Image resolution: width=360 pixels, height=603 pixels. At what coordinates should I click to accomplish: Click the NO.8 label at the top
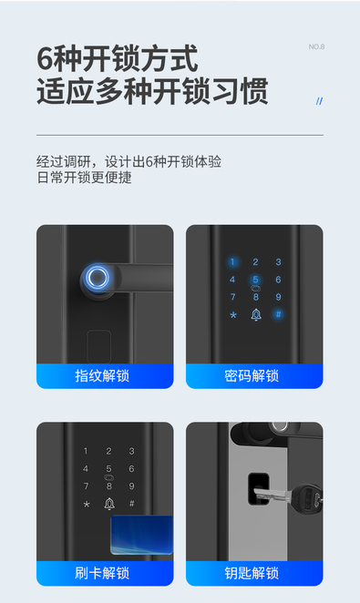pyautogui.click(x=316, y=46)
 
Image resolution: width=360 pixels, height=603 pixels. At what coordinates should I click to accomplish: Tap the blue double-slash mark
pyautogui.click(x=319, y=101)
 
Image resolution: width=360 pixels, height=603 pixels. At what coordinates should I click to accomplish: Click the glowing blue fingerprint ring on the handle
pyautogui.click(x=97, y=277)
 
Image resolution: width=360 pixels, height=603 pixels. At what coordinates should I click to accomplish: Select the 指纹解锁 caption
pyautogui.click(x=102, y=375)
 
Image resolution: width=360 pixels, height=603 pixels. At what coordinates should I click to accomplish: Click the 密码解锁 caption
pyautogui.click(x=252, y=375)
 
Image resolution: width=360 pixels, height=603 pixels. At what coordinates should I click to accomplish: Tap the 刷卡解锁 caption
pyautogui.click(x=102, y=573)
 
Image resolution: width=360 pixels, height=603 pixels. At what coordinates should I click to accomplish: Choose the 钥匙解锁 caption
pyautogui.click(x=252, y=573)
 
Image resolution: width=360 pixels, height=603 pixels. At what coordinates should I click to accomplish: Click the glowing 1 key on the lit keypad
pyautogui.click(x=232, y=262)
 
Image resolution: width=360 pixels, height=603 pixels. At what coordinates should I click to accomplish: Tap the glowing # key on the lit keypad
pyautogui.click(x=278, y=314)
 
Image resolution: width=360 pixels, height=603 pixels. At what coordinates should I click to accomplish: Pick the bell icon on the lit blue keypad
pyautogui.click(x=256, y=314)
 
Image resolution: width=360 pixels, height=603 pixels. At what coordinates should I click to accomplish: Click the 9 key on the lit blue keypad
pyautogui.click(x=279, y=297)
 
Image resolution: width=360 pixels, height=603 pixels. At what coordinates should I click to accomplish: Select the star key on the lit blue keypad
pyautogui.click(x=233, y=315)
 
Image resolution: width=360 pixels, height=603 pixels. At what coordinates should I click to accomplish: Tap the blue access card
pyautogui.click(x=141, y=535)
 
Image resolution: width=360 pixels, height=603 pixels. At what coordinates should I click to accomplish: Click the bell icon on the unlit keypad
pyautogui.click(x=109, y=504)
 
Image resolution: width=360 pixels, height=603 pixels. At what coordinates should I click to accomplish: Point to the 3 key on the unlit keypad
pyautogui.click(x=131, y=451)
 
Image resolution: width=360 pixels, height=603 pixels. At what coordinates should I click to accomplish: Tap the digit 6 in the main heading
pyautogui.click(x=45, y=59)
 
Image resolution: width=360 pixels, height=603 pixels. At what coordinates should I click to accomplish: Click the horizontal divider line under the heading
pyautogui.click(x=180, y=136)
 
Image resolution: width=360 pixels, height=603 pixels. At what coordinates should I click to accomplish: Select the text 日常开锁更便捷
pyautogui.click(x=84, y=178)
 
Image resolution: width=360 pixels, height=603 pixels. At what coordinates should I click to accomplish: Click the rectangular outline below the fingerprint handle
pyautogui.click(x=98, y=346)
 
